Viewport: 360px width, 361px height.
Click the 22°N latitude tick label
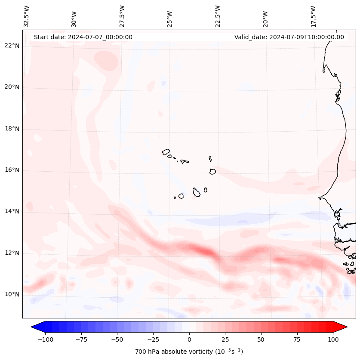point(12,46)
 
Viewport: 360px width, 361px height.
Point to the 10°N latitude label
point(12,295)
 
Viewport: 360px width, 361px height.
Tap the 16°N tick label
point(12,170)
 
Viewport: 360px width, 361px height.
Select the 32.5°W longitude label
point(27,16)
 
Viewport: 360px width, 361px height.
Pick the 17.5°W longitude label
point(313,16)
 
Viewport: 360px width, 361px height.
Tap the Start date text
point(83,37)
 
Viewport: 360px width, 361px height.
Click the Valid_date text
point(289,37)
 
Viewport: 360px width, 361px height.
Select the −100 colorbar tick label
point(45,339)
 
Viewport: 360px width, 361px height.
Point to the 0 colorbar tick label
point(189,339)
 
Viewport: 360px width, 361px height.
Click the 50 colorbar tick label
point(261,339)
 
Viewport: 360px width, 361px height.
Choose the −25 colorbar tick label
point(153,339)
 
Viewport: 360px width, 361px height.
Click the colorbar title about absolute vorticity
point(189,352)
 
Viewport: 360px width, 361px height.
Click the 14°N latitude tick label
point(12,212)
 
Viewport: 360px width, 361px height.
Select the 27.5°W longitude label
point(122,16)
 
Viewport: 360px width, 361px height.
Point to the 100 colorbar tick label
point(333,339)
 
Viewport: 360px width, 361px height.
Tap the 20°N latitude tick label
point(12,87)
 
